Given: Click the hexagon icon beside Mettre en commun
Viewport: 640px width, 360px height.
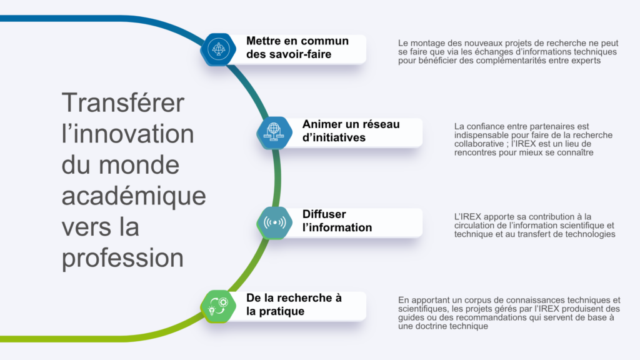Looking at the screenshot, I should (217, 49).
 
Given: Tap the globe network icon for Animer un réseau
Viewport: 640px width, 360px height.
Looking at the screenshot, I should (274, 132).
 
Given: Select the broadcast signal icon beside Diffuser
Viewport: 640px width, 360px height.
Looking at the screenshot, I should (274, 222).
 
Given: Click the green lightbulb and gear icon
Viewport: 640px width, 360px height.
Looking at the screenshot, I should (217, 306).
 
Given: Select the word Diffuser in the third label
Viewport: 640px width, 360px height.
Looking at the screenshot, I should (324, 214).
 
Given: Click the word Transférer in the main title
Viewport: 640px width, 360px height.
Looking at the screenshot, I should (123, 102).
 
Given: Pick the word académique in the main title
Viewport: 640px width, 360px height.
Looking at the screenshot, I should (133, 196).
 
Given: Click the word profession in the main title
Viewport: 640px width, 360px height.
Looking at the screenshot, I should (122, 258).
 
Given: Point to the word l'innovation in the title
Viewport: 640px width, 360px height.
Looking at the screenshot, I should (127, 134).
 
